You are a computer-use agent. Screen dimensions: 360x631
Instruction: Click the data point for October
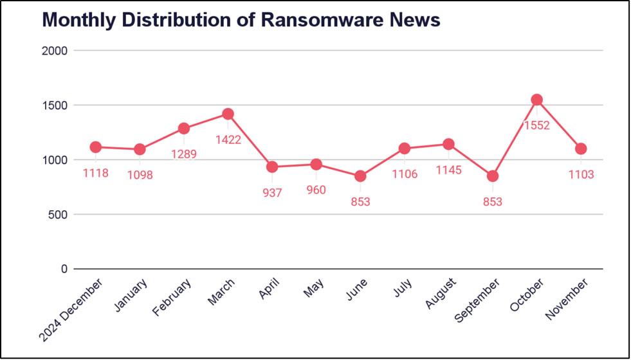pyautogui.click(x=536, y=100)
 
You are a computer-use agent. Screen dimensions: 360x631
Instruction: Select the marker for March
pyautogui.click(x=228, y=114)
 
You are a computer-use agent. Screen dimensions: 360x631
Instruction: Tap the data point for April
pyautogui.click(x=272, y=167)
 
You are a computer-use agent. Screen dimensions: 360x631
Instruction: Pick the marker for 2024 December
pyautogui.click(x=96, y=147)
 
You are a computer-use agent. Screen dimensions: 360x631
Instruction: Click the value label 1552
pyautogui.click(x=536, y=125)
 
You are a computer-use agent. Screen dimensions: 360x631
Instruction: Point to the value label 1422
pyautogui.click(x=228, y=139)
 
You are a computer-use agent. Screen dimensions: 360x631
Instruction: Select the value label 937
pyautogui.click(x=272, y=193)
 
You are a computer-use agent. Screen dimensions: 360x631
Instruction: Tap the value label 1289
pyautogui.click(x=183, y=154)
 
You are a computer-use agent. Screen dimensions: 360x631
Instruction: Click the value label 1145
pyautogui.click(x=448, y=170)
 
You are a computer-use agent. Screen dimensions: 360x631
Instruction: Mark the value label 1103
pyautogui.click(x=581, y=174)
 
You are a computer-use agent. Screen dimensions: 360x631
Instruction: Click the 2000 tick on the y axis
pyautogui.click(x=56, y=50)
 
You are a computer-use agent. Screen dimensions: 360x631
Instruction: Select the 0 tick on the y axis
pyautogui.click(x=64, y=269)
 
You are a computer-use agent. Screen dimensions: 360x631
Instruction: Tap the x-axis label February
pyautogui.click(x=172, y=298)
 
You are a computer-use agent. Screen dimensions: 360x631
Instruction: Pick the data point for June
pyautogui.click(x=360, y=176)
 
